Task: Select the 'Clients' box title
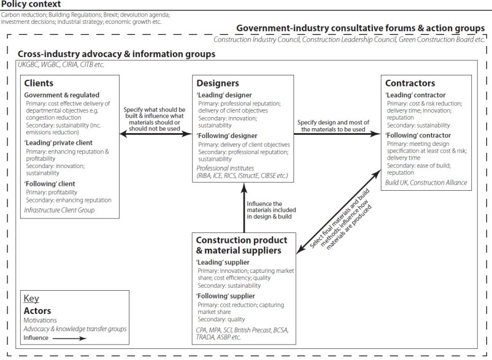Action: (x=39, y=83)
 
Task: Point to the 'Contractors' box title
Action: (x=410, y=83)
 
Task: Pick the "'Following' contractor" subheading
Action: (x=418, y=135)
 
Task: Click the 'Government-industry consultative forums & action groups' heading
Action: (x=359, y=28)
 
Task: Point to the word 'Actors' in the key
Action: (x=37, y=311)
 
